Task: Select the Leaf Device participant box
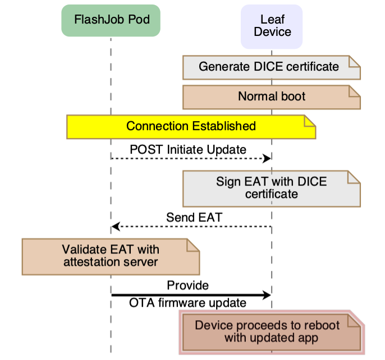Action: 272,26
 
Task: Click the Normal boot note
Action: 271,96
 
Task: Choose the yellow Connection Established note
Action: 191,126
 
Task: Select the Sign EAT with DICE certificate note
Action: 271,188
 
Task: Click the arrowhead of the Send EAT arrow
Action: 116,227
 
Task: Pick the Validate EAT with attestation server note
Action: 111,256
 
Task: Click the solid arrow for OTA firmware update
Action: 191,294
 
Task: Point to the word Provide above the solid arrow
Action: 187,285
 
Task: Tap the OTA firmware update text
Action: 187,303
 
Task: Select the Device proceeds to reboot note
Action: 271,332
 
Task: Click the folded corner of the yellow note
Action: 310,121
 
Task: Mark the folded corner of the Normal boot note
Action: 354,91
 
